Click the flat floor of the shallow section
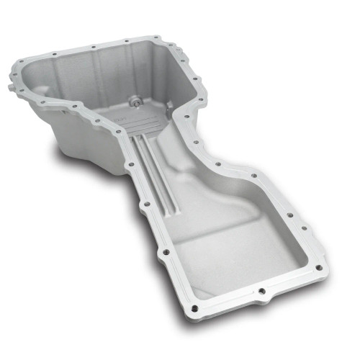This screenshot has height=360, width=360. coord(230,245)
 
